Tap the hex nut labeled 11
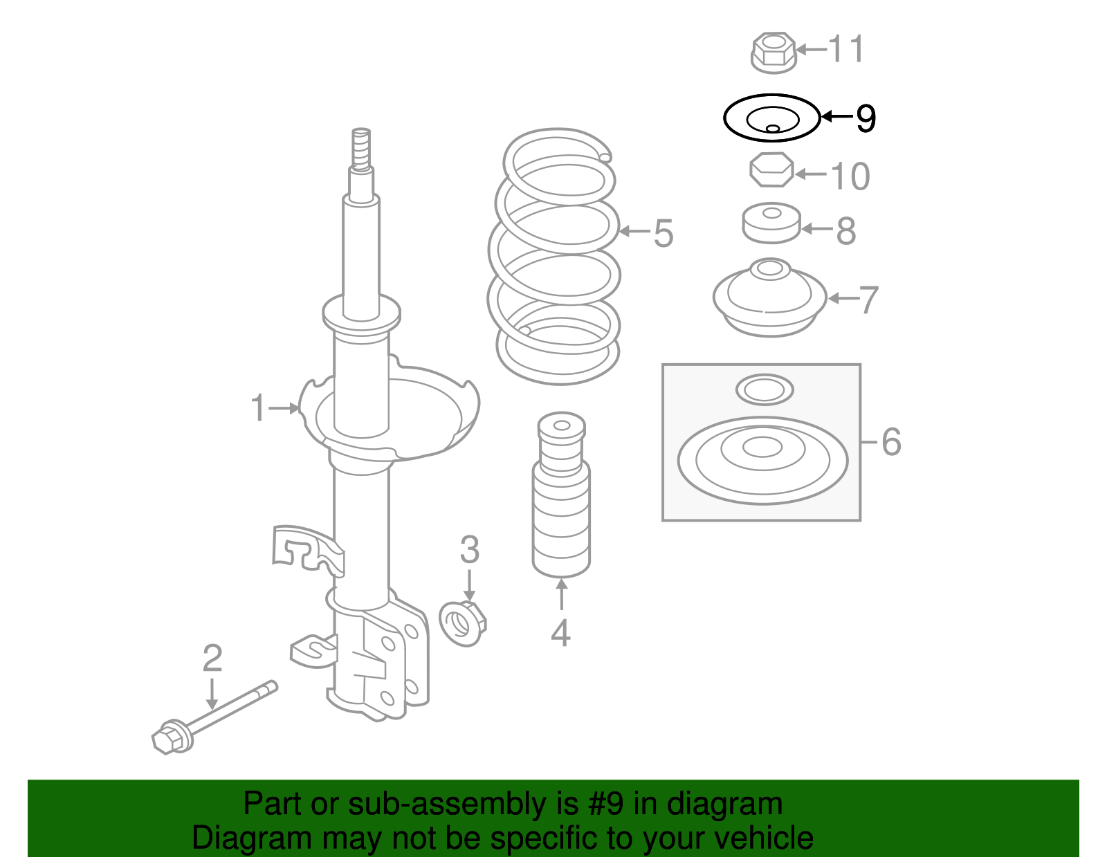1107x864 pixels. coord(773,52)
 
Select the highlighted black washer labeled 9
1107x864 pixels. coord(772,118)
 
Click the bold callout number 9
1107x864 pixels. coord(866,118)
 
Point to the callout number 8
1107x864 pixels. coord(846,231)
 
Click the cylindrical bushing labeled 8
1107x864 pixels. coord(771,223)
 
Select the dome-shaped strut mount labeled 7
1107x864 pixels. coord(770,297)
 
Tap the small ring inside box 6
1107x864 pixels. coord(765,390)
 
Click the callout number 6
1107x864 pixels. coord(891,442)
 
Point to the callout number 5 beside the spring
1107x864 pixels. coord(664,233)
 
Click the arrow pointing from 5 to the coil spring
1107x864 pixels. coord(632,231)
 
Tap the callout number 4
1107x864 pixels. coord(560,632)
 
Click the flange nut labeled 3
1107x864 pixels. coord(463,623)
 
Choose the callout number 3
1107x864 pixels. coord(470,550)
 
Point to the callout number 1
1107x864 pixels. coord(258,408)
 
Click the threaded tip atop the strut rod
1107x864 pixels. coord(360,147)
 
